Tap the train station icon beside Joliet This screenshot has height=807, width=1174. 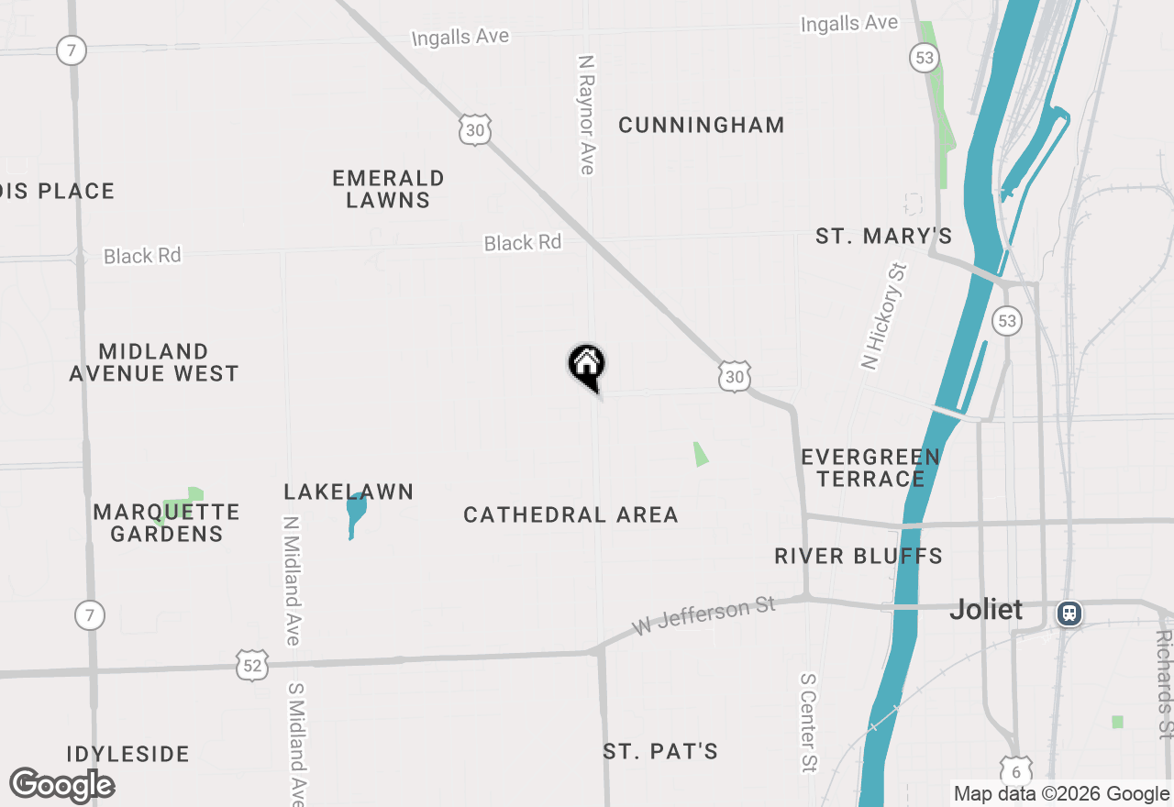point(1069,613)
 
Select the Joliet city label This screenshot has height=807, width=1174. point(986,609)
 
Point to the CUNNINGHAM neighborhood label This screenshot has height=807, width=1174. point(702,126)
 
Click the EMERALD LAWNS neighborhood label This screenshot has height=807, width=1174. point(388,189)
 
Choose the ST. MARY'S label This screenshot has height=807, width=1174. point(884,237)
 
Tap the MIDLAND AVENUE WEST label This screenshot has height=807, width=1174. point(154,362)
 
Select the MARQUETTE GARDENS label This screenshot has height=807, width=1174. point(166,523)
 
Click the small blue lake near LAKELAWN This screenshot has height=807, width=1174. point(355,513)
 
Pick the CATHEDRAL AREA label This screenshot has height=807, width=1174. point(570,515)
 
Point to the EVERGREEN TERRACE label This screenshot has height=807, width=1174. point(870,468)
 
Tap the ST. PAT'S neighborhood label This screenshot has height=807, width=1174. point(660,752)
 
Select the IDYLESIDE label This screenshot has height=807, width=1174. point(127,755)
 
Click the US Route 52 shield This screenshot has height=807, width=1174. point(251,666)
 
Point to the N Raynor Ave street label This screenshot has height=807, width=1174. point(586,114)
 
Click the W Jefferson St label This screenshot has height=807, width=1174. point(704,616)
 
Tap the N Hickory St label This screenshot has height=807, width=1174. point(884,316)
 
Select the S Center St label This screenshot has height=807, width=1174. point(808,723)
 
